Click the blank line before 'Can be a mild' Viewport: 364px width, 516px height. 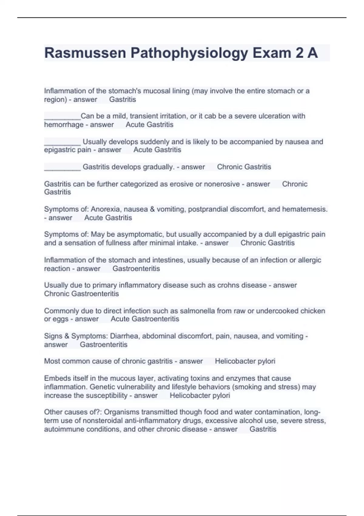click(x=62, y=117)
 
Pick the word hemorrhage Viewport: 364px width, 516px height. click(x=64, y=125)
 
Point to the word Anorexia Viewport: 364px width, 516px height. click(x=105, y=209)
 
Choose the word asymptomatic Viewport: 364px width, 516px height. click(x=131, y=235)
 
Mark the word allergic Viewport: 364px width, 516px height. click(x=309, y=260)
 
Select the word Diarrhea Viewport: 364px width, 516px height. click(x=124, y=336)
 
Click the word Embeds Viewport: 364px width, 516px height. click(x=56, y=379)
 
